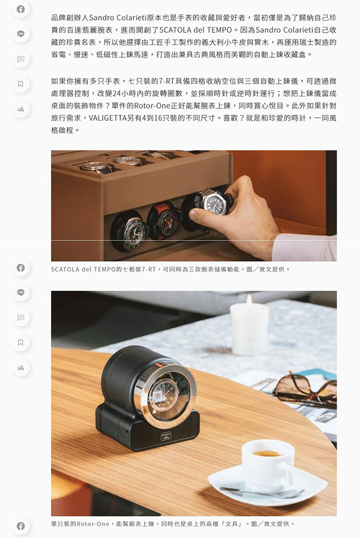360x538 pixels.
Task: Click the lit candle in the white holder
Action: [249, 328]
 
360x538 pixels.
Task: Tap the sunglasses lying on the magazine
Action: [305, 389]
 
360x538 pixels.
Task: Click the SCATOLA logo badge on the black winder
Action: [166, 436]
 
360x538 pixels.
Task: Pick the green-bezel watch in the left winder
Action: [129, 230]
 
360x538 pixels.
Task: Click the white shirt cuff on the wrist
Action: [304, 247]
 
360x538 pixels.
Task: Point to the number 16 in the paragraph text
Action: [158, 118]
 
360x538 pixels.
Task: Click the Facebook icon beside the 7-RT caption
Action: [21, 267]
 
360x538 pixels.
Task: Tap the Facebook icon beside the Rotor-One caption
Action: [21, 526]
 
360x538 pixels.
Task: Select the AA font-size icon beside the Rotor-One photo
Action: [21, 368]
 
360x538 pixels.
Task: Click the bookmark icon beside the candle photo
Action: [21, 343]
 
